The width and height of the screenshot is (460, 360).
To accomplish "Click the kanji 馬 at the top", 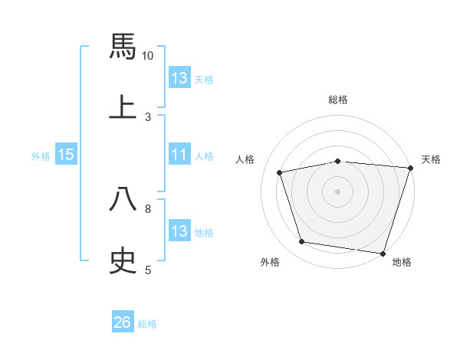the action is click(x=123, y=45).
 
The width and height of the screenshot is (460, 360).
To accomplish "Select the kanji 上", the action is click(x=123, y=106).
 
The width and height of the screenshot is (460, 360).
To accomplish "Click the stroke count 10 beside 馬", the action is click(x=148, y=56).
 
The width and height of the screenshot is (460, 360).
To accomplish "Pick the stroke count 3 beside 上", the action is click(x=148, y=117).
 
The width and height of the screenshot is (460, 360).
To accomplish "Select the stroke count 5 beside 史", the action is click(x=148, y=270).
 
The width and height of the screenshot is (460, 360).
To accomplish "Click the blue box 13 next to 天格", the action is click(x=179, y=78).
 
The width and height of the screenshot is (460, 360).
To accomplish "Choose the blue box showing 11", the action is click(x=179, y=155).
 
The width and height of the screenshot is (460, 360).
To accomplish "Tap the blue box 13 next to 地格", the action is click(x=179, y=231).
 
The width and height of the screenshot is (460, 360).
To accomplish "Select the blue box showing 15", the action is click(x=66, y=155).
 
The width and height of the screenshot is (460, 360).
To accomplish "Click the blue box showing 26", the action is click(x=123, y=322).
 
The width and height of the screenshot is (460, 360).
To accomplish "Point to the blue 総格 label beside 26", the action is click(x=147, y=324).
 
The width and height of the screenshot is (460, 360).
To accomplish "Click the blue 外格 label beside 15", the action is click(x=41, y=156).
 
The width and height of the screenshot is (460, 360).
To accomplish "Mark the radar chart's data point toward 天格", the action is click(x=410, y=168).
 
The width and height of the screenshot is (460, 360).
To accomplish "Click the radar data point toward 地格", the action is click(x=383, y=253).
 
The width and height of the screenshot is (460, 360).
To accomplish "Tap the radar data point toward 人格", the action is click(x=280, y=172).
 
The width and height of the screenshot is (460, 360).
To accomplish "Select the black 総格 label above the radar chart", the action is click(x=338, y=100).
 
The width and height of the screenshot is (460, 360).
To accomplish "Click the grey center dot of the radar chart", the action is click(x=338, y=191).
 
